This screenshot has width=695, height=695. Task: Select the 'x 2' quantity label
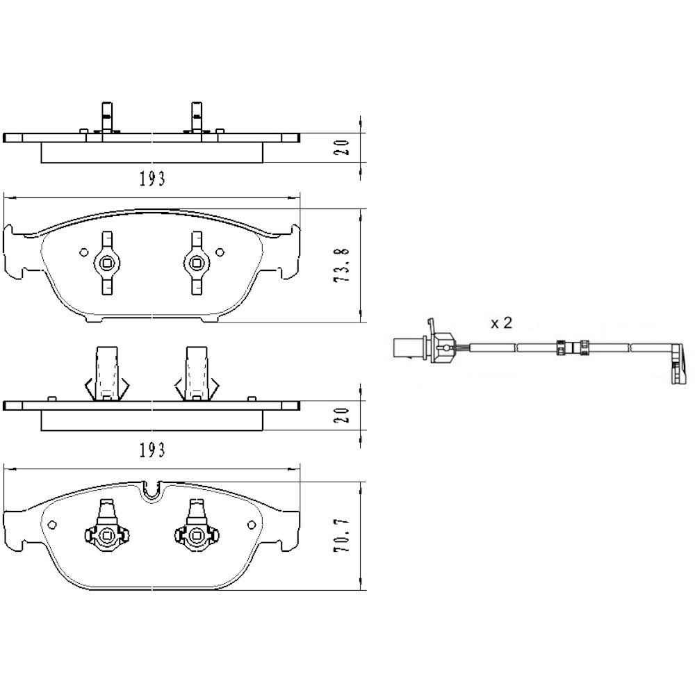pyautogui.click(x=501, y=322)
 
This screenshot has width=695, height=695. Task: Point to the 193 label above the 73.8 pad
pyautogui.click(x=152, y=179)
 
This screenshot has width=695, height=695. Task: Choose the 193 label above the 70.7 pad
pyautogui.click(x=152, y=450)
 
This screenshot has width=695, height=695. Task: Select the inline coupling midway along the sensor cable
pyautogui.click(x=572, y=347)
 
